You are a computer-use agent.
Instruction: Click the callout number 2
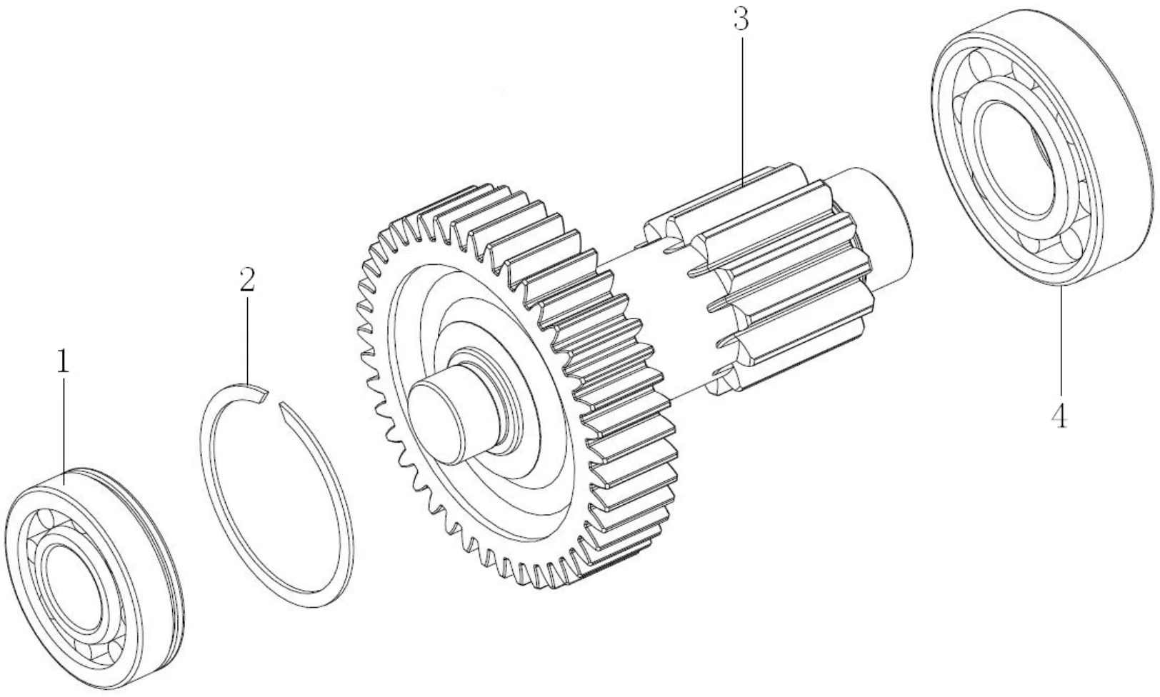coord(246,281)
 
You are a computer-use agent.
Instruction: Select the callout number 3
coord(741,21)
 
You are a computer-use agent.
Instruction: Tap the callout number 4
coord(1059,416)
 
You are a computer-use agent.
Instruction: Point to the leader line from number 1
coord(64,428)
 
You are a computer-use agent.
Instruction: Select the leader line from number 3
coord(742,107)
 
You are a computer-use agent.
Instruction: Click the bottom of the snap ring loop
coord(314,596)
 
